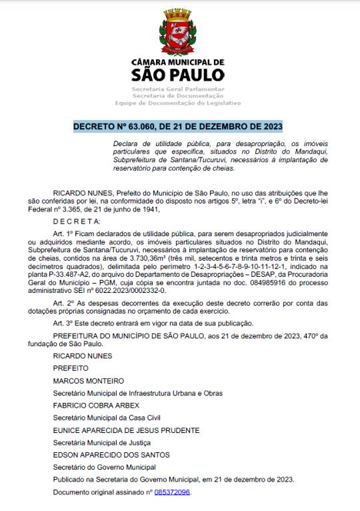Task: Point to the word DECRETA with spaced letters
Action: pyautogui.click(x=75, y=221)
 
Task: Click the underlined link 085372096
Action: pyautogui.click(x=172, y=492)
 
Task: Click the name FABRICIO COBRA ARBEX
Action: pyautogui.click(x=96, y=406)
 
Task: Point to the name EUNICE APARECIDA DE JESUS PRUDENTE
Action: pyautogui.click(x=126, y=430)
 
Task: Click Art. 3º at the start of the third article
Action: pyautogui.click(x=64, y=324)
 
